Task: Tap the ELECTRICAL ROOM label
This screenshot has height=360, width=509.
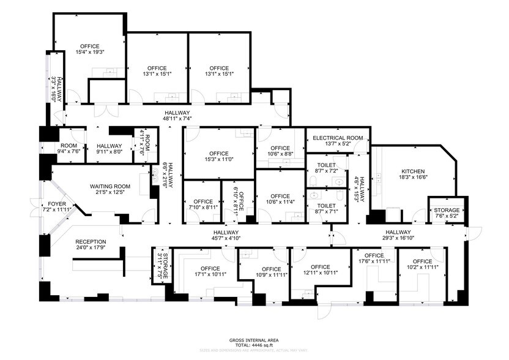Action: coord(338,138)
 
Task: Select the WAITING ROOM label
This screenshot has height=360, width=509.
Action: coord(111,186)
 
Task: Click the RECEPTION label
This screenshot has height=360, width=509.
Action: coord(91,241)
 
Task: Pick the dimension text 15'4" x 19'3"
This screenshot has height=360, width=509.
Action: coord(90,53)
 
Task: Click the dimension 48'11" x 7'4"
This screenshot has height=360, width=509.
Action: coord(178,119)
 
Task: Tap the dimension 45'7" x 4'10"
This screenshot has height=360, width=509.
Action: coord(227,239)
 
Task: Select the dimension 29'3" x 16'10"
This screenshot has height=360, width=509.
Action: coord(398,239)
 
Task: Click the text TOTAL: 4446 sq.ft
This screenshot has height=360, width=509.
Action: coord(254,345)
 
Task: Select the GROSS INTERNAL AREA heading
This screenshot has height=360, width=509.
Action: coord(254,339)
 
